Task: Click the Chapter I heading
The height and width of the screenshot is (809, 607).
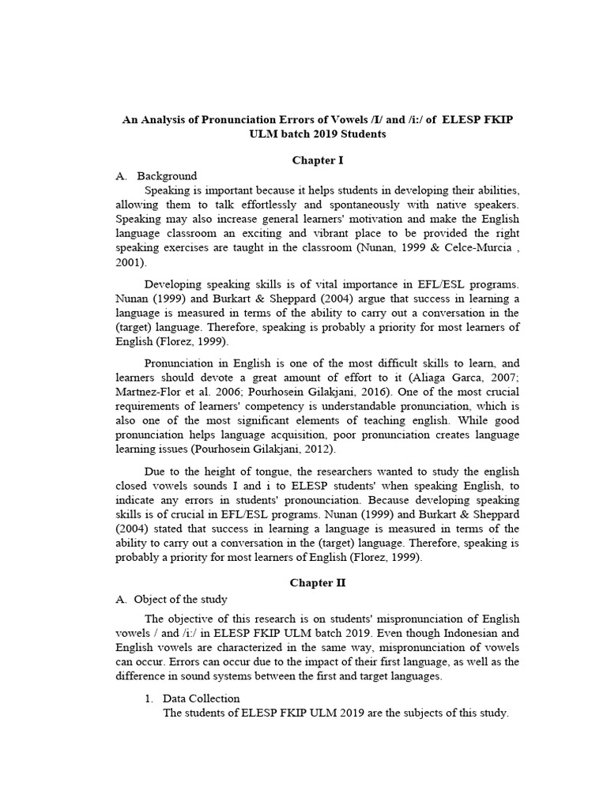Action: click(x=319, y=160)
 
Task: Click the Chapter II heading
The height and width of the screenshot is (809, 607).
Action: click(x=319, y=583)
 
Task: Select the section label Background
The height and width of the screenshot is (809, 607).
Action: click(x=167, y=175)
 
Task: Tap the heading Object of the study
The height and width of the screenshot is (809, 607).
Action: click(x=181, y=599)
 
